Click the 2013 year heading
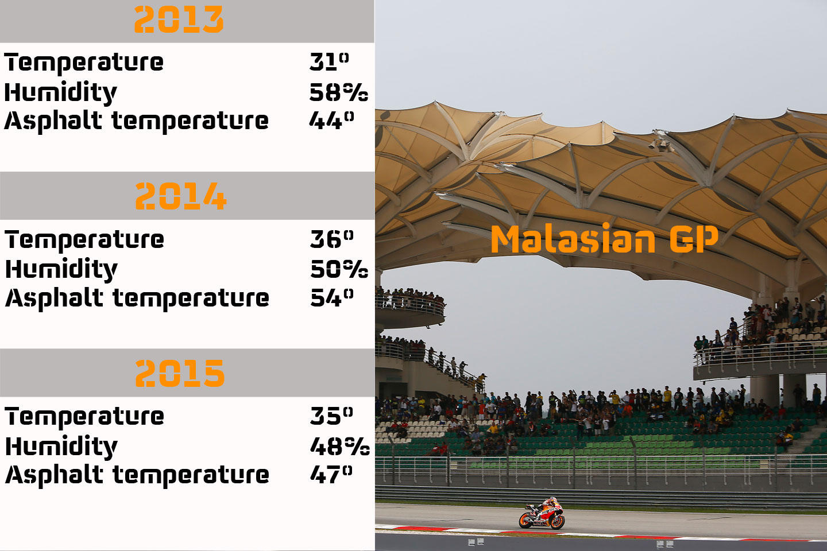(179, 20)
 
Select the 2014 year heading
(181, 196)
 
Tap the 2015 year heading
(180, 373)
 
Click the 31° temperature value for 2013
(329, 61)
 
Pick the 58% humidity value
(338, 92)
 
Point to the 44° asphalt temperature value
(331, 120)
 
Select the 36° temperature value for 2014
(331, 238)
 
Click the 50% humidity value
(339, 269)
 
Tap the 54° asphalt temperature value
(331, 297)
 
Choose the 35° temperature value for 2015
(331, 416)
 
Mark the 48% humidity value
(339, 446)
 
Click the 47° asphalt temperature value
(331, 474)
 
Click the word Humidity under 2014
(61, 269)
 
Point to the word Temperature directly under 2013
(84, 62)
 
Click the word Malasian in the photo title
(573, 239)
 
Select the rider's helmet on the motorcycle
(552, 501)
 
